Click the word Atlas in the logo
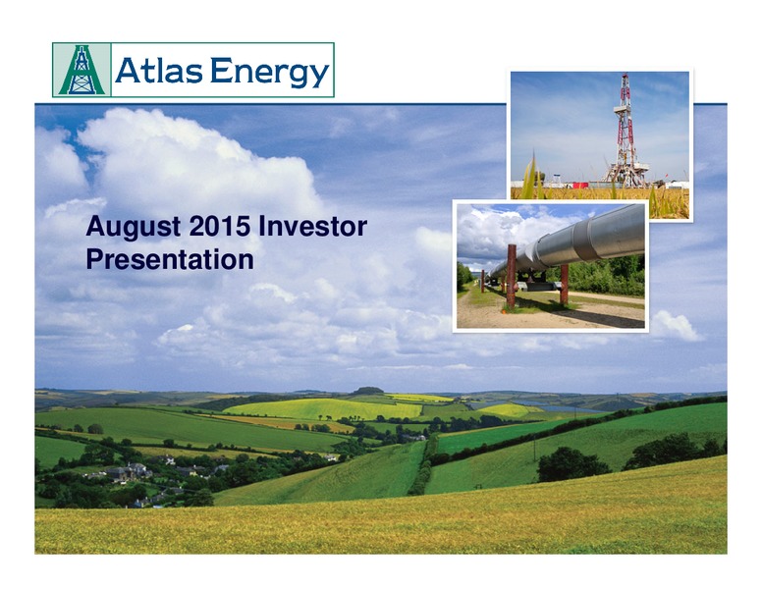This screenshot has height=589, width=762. point(158,71)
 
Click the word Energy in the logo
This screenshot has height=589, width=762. point(270,73)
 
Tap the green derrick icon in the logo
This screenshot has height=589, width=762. point(82,70)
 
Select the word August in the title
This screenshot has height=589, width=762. point(134,228)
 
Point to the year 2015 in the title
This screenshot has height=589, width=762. point(220,227)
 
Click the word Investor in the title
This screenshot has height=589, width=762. point(312,227)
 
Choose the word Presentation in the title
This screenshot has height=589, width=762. point(170,260)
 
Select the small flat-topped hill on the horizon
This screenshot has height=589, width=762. point(367,391)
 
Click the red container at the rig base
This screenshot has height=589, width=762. point(579,185)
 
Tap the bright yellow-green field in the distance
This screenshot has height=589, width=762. point(323,408)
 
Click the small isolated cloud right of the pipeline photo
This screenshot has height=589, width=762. point(676,326)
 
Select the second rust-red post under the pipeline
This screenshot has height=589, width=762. point(564,285)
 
